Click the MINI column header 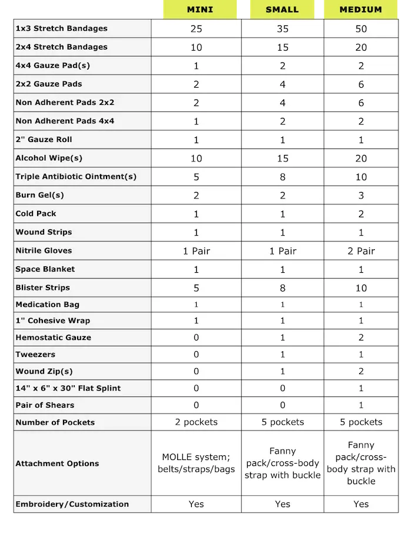200,9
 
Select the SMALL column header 283,9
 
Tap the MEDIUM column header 361,9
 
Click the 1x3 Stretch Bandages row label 61,28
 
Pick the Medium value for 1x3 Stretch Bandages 361,29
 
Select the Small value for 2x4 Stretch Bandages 283,47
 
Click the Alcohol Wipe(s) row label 49,158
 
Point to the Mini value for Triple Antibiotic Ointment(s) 196,177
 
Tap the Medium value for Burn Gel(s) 361,196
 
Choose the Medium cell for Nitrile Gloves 361,251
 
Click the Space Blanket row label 45,269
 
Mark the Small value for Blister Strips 283,288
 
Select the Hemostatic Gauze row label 53,338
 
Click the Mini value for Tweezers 196,355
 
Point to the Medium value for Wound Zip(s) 361,371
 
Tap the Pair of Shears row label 45,405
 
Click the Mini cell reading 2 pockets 196,422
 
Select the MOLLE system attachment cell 196,463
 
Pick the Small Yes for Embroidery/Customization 283,504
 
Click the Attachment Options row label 57,464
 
